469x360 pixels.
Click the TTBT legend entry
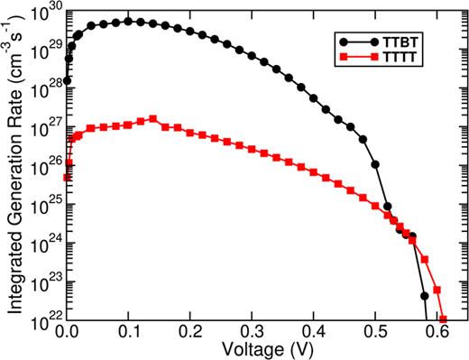[x=388, y=42]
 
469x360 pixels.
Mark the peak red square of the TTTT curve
[x=153, y=119]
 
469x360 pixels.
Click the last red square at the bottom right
[x=443, y=318]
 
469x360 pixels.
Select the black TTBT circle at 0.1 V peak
[x=128, y=21]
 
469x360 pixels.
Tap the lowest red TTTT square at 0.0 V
[x=67, y=178]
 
